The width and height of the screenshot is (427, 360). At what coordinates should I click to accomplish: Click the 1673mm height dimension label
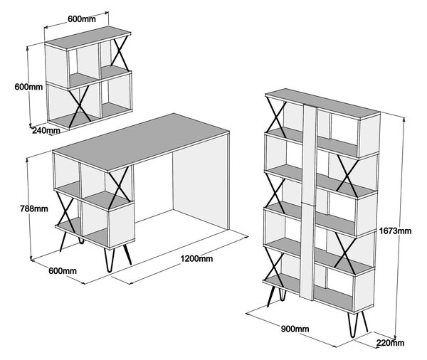[x=396, y=231]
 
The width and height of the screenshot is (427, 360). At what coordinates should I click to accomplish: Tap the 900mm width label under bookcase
[x=295, y=329]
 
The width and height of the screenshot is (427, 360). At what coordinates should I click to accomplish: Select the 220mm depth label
[x=391, y=343]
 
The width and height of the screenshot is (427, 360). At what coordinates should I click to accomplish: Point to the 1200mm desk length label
[x=196, y=258]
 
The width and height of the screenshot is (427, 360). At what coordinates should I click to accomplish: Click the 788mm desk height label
[x=34, y=208]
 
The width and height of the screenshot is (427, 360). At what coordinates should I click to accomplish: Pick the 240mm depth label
[x=46, y=130]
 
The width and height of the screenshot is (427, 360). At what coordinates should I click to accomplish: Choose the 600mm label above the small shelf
[x=82, y=19]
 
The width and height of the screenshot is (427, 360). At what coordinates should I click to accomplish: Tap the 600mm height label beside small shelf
[x=28, y=87]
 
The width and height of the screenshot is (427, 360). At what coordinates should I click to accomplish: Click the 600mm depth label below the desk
[x=63, y=271]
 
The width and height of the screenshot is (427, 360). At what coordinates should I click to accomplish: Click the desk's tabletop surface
[x=141, y=142]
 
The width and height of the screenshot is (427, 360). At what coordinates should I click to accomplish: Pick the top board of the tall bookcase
[x=322, y=102]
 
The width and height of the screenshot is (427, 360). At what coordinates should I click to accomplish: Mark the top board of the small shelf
[x=88, y=38]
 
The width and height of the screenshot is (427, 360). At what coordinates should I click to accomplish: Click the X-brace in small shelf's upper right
[x=120, y=55]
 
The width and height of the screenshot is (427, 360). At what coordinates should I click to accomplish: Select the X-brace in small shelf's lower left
[x=80, y=107]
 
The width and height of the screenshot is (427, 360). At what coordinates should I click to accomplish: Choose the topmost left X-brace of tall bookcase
[x=276, y=118]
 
